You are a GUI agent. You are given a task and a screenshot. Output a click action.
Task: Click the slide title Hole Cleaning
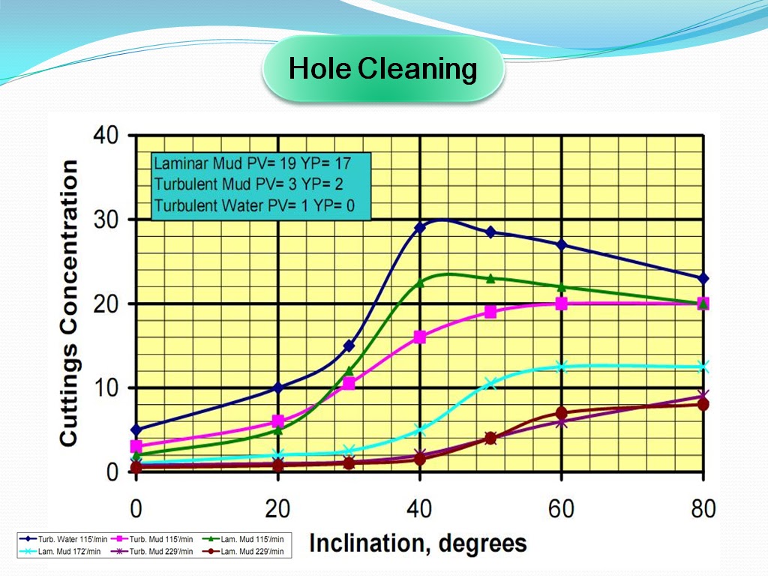(382, 69)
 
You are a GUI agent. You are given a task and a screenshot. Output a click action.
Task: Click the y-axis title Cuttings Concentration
(68, 304)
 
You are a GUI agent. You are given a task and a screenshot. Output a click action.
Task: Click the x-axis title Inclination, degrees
(418, 542)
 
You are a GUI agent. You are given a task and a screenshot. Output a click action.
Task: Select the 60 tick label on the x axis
(561, 510)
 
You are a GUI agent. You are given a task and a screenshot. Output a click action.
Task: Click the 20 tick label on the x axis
(277, 510)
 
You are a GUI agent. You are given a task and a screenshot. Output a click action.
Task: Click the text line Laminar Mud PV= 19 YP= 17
(251, 163)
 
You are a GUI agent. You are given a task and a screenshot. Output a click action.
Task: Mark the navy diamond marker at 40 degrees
(420, 227)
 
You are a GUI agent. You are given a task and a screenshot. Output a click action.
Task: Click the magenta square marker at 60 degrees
(561, 304)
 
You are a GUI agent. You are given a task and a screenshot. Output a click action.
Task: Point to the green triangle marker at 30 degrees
(349, 370)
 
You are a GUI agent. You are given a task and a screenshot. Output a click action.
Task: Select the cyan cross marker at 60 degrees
(561, 367)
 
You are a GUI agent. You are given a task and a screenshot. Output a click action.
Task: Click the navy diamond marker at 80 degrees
(703, 278)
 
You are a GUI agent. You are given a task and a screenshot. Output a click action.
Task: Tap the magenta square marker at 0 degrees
(136, 446)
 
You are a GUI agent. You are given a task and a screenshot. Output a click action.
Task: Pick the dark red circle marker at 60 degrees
(561, 413)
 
